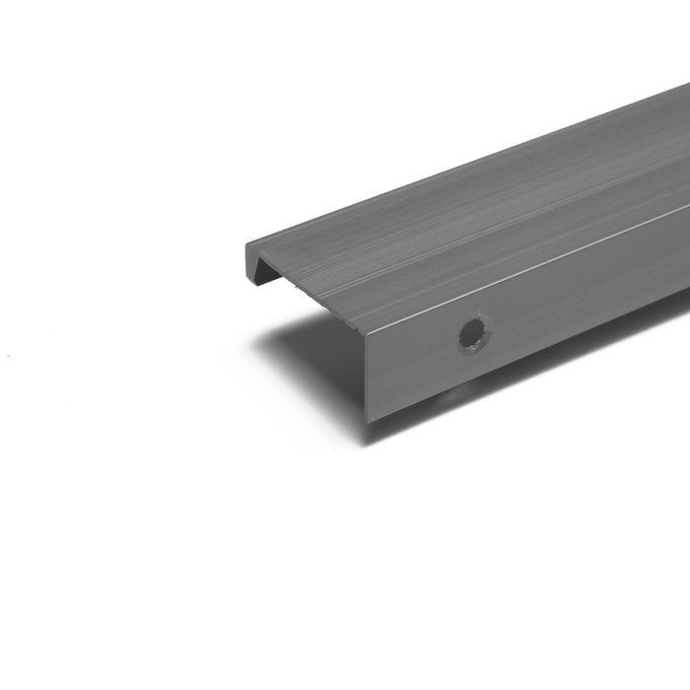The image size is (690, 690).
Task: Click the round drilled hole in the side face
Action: click(x=474, y=333)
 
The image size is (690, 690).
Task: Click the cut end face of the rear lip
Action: click(x=250, y=258)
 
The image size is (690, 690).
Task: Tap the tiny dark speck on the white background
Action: click(x=8, y=356)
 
